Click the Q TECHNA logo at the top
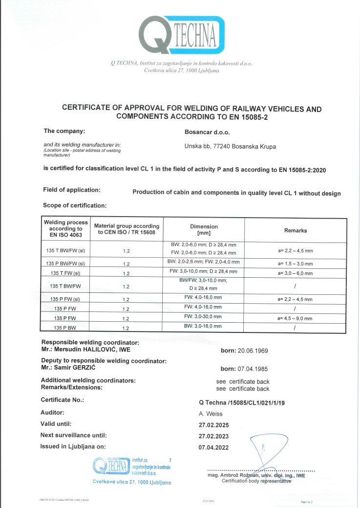point(181,35)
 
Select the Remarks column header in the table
point(296,230)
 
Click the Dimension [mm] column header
point(204,230)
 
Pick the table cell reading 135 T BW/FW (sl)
point(66,249)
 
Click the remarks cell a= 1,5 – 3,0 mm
point(295,264)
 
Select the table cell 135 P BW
point(66,327)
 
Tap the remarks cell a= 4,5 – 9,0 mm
point(295,318)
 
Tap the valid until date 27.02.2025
point(213,425)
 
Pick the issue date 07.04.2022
point(213,447)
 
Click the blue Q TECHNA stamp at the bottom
point(132,467)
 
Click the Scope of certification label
point(75,205)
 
